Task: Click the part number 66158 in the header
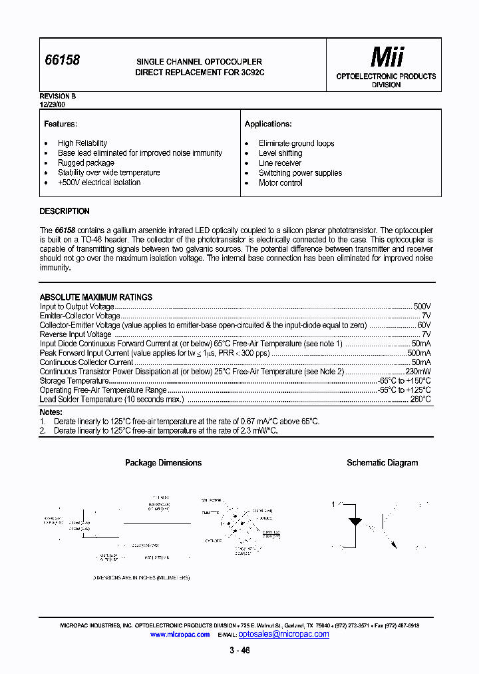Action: (x=62, y=61)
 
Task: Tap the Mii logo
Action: (x=386, y=58)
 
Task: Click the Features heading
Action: (x=61, y=125)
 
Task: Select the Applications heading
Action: (x=268, y=125)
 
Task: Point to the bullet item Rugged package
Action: (x=86, y=163)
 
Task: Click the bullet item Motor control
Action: (x=280, y=183)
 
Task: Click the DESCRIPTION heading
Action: (x=65, y=211)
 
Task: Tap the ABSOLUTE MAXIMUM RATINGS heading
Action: (x=96, y=297)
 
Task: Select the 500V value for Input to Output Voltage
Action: (x=422, y=306)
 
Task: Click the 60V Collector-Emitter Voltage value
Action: (x=424, y=325)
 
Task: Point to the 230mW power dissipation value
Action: (x=418, y=372)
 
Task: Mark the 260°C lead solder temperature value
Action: (x=420, y=400)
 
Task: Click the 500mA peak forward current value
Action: (x=419, y=353)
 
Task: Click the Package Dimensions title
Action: (x=163, y=463)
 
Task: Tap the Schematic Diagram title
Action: (x=382, y=463)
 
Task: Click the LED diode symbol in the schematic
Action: (x=355, y=521)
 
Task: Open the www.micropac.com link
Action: (x=180, y=635)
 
